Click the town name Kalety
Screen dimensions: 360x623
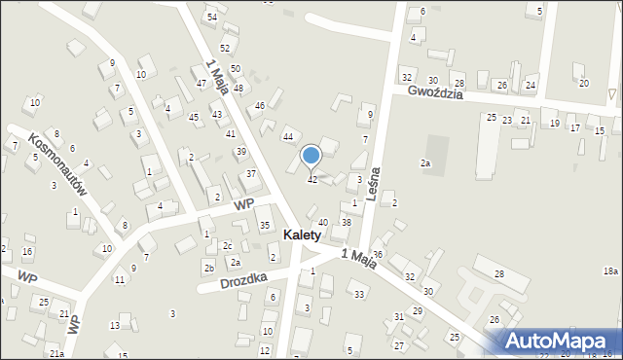click(x=311, y=235)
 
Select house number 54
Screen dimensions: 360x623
click(x=211, y=18)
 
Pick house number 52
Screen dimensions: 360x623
click(x=225, y=48)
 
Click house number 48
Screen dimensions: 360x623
click(x=238, y=89)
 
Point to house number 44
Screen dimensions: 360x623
click(x=288, y=137)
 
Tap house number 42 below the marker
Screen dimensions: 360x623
click(x=312, y=180)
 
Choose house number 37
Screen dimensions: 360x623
click(x=251, y=174)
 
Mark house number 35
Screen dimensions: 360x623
click(x=264, y=226)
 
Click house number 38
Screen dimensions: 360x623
click(x=347, y=223)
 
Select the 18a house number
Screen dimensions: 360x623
click(x=610, y=270)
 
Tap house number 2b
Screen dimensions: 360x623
click(x=209, y=268)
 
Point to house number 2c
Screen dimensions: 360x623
click(x=227, y=246)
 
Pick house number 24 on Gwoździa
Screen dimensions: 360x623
click(x=530, y=86)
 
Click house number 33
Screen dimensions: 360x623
click(x=359, y=295)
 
